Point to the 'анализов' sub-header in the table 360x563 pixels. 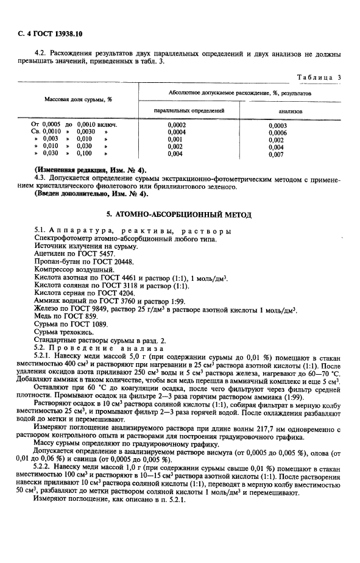[291, 112]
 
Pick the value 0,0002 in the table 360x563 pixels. [176, 124]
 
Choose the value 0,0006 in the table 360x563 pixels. [277, 132]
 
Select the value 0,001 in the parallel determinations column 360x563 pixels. [175, 139]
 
